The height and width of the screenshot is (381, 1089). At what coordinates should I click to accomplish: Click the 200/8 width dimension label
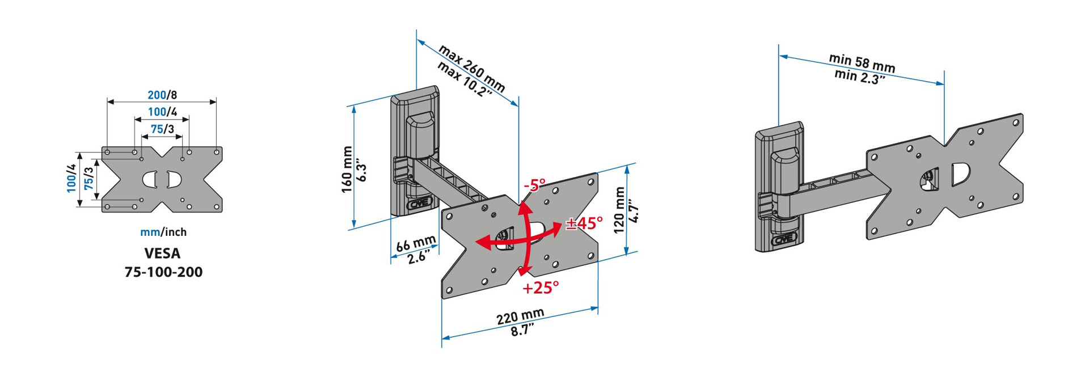(x=162, y=95)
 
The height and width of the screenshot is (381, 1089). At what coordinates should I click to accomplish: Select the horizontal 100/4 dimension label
(x=162, y=112)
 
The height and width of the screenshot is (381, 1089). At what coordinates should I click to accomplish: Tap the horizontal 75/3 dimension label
(x=162, y=129)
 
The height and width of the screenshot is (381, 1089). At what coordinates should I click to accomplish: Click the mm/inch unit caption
(x=163, y=232)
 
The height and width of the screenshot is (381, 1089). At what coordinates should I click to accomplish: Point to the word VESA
(x=163, y=253)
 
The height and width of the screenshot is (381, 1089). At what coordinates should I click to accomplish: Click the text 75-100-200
(x=163, y=272)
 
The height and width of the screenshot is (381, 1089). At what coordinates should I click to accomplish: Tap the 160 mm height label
(x=347, y=170)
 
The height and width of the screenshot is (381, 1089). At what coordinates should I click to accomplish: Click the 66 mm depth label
(x=416, y=244)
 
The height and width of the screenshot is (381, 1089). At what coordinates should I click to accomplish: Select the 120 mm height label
(x=619, y=210)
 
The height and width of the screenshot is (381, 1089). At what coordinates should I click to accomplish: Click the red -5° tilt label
(x=534, y=185)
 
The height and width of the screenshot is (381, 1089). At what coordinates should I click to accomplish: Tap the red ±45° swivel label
(x=585, y=223)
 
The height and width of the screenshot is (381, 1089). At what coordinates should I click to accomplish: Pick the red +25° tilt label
(x=541, y=287)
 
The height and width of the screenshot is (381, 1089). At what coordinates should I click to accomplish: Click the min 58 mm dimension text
(x=862, y=63)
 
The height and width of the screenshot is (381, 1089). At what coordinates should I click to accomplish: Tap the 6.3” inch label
(x=362, y=172)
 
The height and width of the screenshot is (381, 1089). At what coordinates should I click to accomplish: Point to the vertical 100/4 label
(x=71, y=178)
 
